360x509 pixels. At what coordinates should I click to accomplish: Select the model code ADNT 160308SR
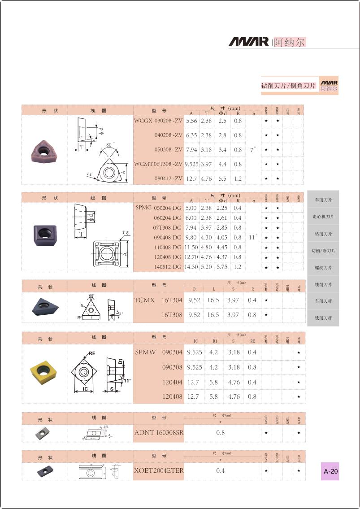[x=159, y=433]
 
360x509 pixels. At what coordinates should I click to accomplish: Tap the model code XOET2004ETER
[x=159, y=470]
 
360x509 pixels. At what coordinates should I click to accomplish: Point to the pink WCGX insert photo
[x=44, y=149]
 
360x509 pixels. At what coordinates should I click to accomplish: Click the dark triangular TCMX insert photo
[x=44, y=307]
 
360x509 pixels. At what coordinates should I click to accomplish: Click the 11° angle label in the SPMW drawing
[x=127, y=380]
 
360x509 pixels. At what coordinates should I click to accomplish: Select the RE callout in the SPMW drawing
[x=92, y=353]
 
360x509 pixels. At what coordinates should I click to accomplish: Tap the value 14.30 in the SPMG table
[x=191, y=267]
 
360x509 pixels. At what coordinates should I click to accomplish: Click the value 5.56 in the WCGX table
[x=191, y=121]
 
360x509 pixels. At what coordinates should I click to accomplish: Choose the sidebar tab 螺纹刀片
[x=323, y=268]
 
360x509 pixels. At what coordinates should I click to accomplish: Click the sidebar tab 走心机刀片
[x=323, y=217]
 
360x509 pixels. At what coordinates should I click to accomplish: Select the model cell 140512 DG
[x=167, y=267]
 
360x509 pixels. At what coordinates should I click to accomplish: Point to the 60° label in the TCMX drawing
[x=92, y=296]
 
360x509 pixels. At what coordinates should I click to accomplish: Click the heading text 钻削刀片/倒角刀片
[x=289, y=86]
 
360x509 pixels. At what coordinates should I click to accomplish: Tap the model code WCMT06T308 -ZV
[x=158, y=164]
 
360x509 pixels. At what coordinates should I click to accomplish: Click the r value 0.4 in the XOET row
[x=220, y=470]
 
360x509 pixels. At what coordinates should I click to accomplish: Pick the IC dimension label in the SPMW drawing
[x=85, y=389]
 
